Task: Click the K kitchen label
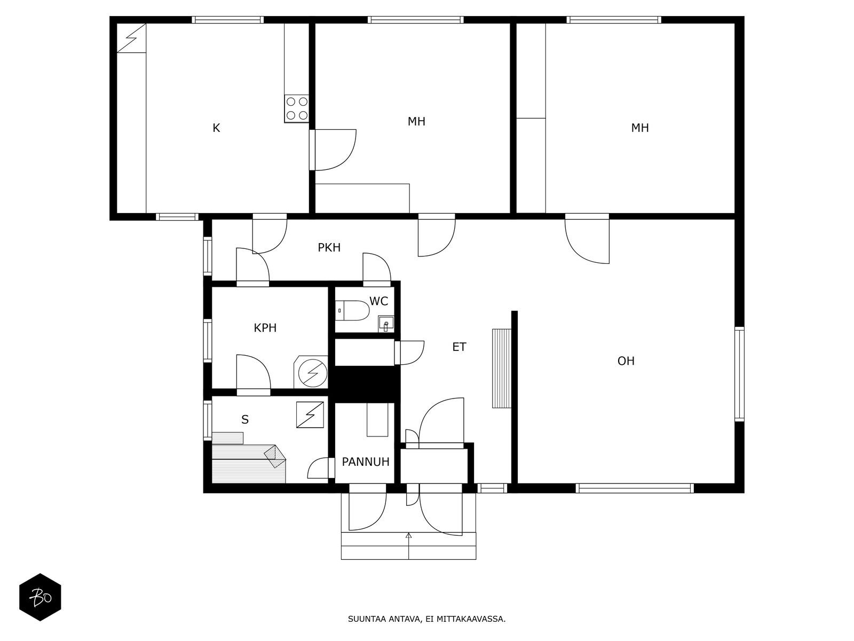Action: (x=216, y=128)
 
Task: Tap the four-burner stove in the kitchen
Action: (x=297, y=108)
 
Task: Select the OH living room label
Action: (x=626, y=361)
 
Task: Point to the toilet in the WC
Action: (x=352, y=310)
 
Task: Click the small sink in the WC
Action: (x=386, y=324)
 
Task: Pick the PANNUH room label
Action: (x=366, y=462)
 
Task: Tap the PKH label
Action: (x=329, y=247)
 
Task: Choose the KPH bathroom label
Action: (x=265, y=327)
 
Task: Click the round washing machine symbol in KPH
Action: (x=312, y=373)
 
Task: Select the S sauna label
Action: (x=244, y=419)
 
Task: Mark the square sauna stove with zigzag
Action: (x=310, y=415)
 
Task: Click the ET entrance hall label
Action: (x=459, y=347)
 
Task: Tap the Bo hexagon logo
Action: (x=40, y=597)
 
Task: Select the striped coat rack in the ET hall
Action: (x=502, y=368)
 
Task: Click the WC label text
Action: (x=378, y=301)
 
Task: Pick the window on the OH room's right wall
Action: (x=740, y=374)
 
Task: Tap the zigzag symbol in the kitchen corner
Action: (x=131, y=38)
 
